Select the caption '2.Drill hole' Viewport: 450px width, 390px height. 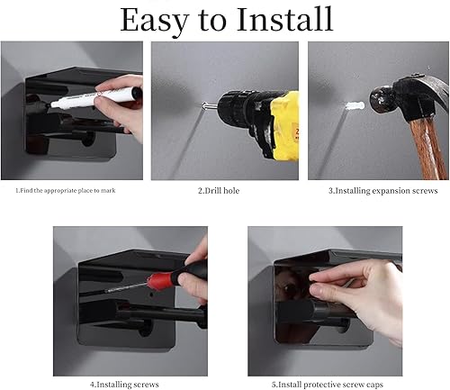pyautogui.click(x=220, y=190)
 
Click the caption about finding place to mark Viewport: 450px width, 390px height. pyautogui.click(x=65, y=190)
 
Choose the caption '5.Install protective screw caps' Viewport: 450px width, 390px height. pyautogui.click(x=328, y=384)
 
